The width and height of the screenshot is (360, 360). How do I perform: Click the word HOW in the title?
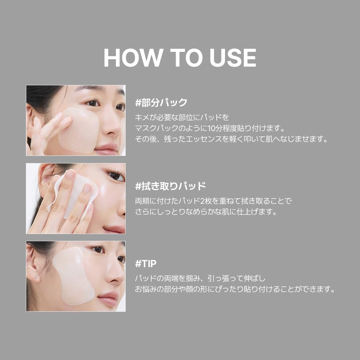coord(133,58)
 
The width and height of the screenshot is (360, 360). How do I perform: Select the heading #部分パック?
coord(161,103)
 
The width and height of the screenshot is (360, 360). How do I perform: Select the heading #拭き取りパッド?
coord(170,186)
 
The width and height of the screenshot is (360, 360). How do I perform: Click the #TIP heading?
coord(146,264)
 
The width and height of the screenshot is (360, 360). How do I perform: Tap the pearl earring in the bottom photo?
coord(36,278)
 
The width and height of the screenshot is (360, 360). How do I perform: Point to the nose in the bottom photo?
coord(114,273)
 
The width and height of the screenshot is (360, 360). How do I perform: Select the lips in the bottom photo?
coord(108,299)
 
